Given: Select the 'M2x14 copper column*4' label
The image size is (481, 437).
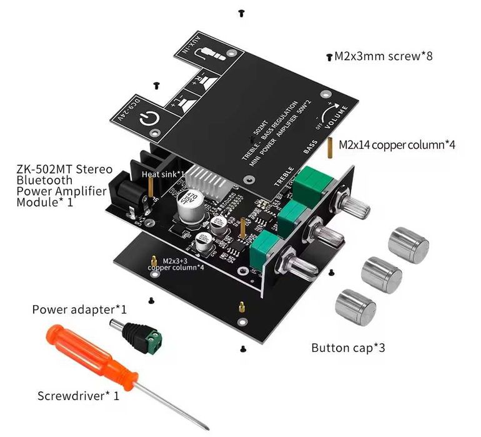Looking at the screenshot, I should point(397,144).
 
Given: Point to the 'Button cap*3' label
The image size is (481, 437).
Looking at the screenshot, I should point(348,348).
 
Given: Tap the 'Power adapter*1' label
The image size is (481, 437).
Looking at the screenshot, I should point(79,309).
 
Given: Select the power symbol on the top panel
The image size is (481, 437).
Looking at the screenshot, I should point(149,118).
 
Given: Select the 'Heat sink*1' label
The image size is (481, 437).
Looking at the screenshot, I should point(163,174).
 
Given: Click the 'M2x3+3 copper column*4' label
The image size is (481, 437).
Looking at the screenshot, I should point(176,264).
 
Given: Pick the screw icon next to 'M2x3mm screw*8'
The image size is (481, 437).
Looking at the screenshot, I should point(329,57).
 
